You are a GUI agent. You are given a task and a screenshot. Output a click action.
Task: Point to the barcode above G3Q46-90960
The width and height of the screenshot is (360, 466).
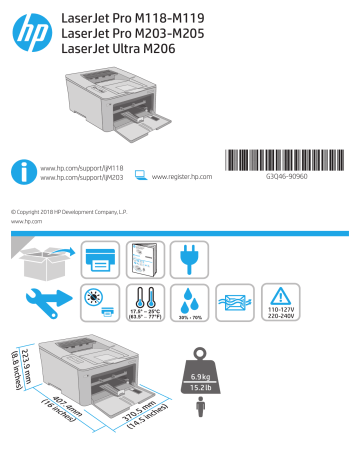coord(292,164)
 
